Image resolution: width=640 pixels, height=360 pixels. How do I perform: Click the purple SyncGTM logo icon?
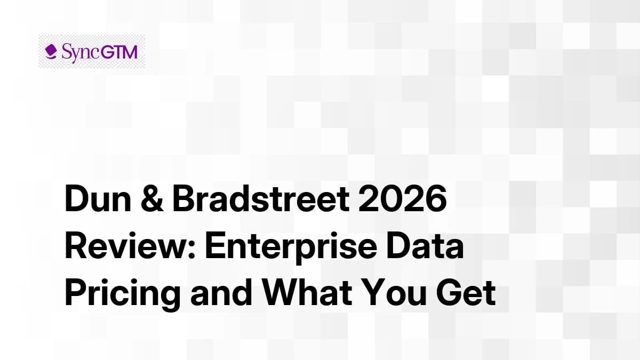click(x=51, y=52)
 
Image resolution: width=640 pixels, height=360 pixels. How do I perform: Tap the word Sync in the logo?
click(x=78, y=52)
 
